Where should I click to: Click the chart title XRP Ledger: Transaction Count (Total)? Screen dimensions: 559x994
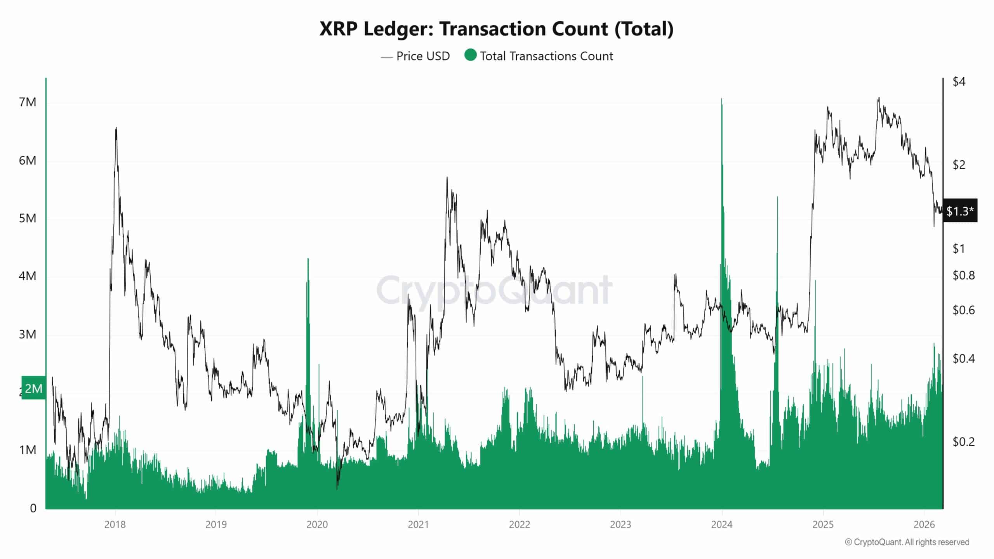point(496,29)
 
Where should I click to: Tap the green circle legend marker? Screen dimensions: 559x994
point(470,55)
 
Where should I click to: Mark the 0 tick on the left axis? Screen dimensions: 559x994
point(33,508)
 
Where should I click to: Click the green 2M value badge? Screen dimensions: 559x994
point(33,388)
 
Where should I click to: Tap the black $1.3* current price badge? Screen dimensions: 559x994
point(960,211)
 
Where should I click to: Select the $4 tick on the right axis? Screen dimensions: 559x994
point(959,82)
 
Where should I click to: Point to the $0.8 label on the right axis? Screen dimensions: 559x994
point(963,276)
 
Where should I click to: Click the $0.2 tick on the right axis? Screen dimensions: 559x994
point(963,441)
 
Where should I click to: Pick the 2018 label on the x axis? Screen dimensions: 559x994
point(115,525)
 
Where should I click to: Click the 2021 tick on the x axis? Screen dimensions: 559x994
point(418,525)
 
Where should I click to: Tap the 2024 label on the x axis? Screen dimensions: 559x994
point(721,525)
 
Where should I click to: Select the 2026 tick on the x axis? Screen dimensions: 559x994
point(924,525)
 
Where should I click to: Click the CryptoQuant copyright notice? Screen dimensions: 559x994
point(907,542)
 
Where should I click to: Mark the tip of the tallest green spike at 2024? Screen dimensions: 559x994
point(721,99)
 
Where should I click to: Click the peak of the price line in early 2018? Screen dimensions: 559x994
point(116,128)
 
